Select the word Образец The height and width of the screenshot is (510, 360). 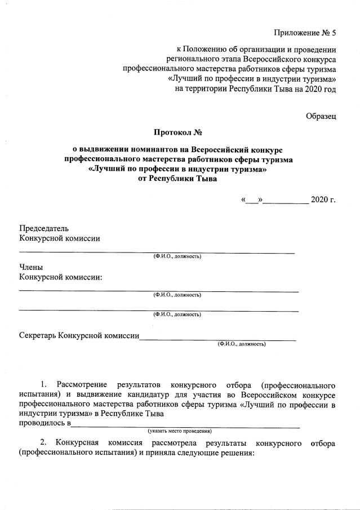click(x=321, y=116)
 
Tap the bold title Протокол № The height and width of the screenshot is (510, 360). click(x=177, y=133)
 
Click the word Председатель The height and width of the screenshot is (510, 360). click(x=44, y=228)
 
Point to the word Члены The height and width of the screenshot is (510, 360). click(x=31, y=268)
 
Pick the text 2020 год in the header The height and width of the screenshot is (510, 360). click(x=321, y=88)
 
